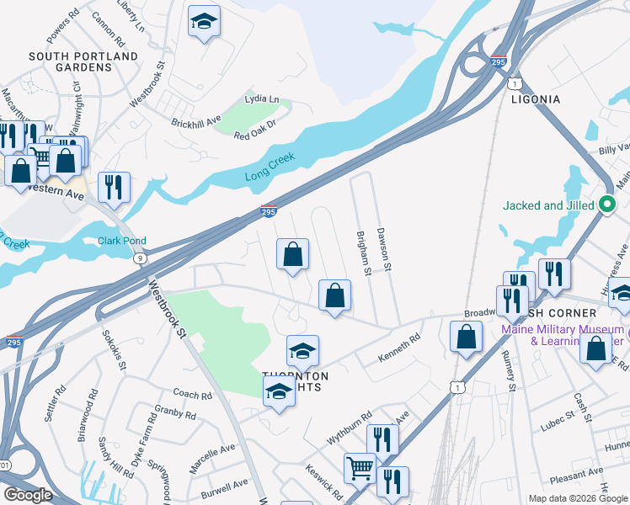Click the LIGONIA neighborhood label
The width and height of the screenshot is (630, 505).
point(536,99)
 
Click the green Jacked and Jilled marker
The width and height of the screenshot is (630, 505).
point(606,205)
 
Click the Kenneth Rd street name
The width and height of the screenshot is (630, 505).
point(398,349)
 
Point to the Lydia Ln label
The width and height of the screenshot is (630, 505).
point(261,99)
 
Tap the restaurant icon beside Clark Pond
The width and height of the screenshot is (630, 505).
point(114,186)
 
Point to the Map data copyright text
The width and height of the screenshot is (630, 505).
point(577,498)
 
